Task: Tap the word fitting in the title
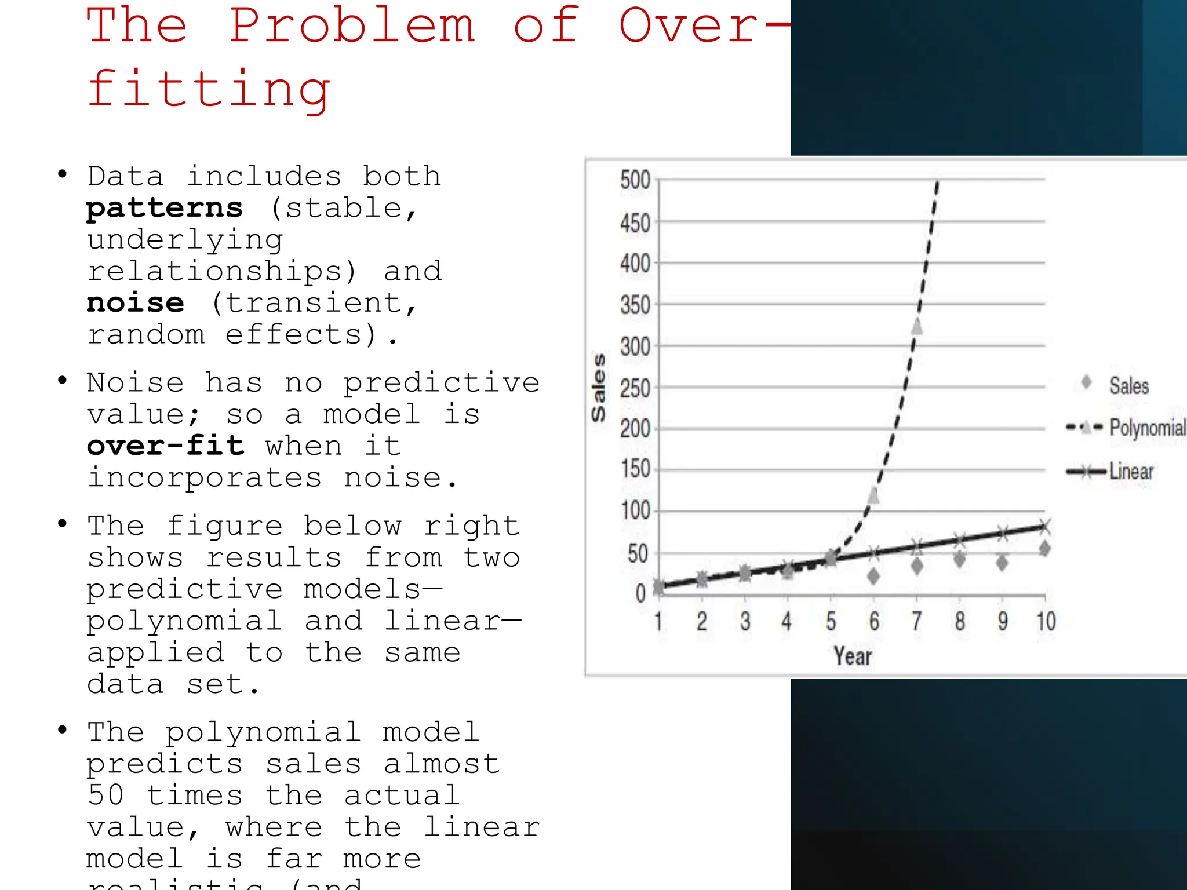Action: click(209, 90)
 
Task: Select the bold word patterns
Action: click(165, 208)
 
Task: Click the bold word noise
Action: click(136, 303)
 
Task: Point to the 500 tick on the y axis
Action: click(635, 180)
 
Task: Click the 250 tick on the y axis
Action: click(635, 388)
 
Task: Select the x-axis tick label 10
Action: click(1046, 621)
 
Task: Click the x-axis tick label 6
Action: click(874, 621)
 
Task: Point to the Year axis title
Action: click(853, 656)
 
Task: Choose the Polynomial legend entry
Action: click(1147, 428)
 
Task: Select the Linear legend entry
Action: click(1131, 472)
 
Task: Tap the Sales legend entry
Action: click(1128, 386)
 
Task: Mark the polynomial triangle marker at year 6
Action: click(873, 495)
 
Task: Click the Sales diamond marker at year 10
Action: click(1044, 548)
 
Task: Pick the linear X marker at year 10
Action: click(1044, 527)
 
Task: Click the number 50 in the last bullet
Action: click(105, 795)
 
